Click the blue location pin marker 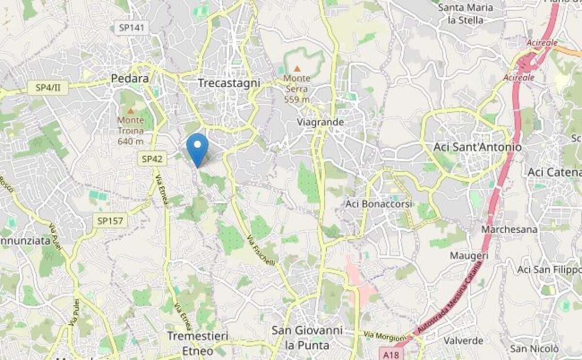click(197, 148)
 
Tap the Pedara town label click(129, 79)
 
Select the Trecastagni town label click(229, 83)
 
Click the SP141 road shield click(131, 28)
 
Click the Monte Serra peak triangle click(297, 69)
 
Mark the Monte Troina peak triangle click(130, 111)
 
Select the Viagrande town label click(321, 122)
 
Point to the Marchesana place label click(509, 229)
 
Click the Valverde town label click(463, 341)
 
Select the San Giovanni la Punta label click(307, 338)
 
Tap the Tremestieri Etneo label click(197, 343)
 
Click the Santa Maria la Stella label click(465, 14)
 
